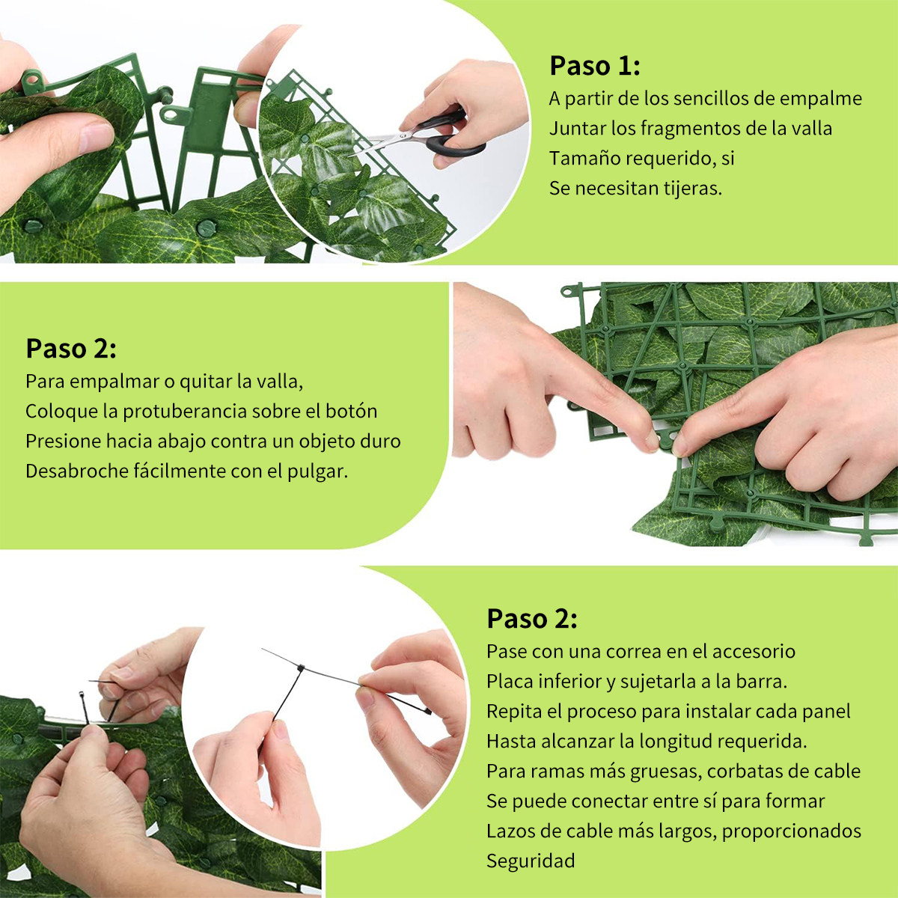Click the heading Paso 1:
595,66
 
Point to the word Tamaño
584,159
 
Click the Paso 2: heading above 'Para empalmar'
71,348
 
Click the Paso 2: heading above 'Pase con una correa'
532,619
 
